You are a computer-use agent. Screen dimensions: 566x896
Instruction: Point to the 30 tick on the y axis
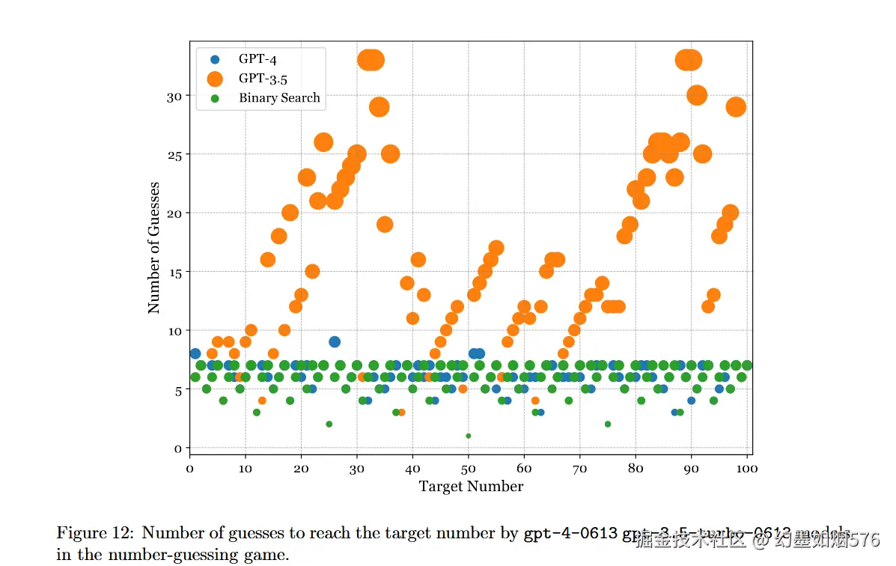pos(173,96)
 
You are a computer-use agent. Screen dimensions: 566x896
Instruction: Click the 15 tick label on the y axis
pos(173,272)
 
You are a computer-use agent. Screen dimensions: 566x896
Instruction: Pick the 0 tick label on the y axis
pos(177,448)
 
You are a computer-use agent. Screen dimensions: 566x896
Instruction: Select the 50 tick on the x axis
pos(469,469)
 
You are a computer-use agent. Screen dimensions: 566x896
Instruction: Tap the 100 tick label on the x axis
pos(747,469)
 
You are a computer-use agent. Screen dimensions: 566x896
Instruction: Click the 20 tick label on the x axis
pos(301,469)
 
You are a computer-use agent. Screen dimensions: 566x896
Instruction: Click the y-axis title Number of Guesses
pos(154,247)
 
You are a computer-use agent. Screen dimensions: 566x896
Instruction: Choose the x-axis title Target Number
pos(471,487)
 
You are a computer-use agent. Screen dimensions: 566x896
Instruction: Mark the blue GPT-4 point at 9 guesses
pos(335,342)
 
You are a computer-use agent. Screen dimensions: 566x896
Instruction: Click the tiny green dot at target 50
pos(469,436)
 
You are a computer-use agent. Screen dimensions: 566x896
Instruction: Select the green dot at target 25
pos(329,424)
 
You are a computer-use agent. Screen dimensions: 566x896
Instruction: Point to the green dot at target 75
pos(608,424)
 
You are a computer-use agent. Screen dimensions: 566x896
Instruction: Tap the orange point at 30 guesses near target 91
pos(697,95)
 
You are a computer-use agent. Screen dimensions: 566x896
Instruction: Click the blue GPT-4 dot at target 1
pos(195,353)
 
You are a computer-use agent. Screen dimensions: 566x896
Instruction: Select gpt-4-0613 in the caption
pos(570,533)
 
